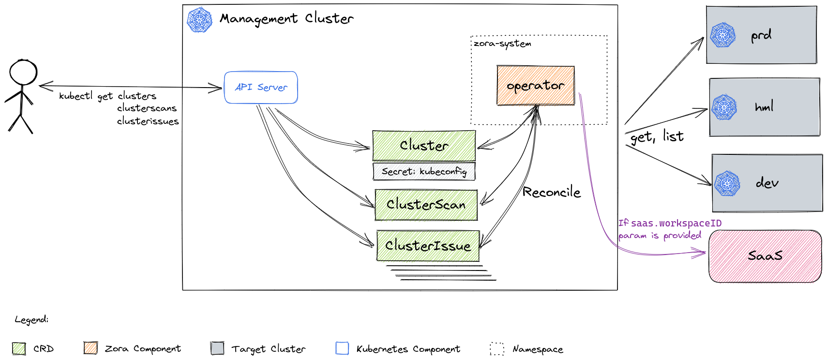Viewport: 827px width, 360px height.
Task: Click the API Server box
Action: coord(261,88)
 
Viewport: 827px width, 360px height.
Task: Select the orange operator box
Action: coord(535,86)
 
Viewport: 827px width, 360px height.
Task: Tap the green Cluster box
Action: coord(424,146)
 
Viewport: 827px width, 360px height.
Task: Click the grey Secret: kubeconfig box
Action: coord(424,171)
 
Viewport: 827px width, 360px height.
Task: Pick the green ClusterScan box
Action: coord(426,205)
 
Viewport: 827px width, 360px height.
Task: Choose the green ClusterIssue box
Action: coord(428,246)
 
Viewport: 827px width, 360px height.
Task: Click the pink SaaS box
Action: coord(765,256)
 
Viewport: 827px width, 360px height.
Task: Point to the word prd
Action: coord(761,36)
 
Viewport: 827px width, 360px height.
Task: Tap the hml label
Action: coord(764,107)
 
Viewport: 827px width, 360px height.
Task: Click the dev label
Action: coord(767,183)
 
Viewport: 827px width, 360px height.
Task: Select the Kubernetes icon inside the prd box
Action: coord(723,35)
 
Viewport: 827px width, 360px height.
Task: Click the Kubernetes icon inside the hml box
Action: coord(724,107)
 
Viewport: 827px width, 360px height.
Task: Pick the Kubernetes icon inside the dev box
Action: coord(727,183)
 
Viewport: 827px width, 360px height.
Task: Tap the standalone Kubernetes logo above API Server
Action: coord(199,20)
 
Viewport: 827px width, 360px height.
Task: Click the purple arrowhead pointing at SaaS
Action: coord(700,253)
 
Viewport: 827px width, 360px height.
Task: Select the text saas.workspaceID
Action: coord(676,223)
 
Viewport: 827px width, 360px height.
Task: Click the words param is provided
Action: coord(660,236)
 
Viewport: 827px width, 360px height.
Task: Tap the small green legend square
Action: coord(19,348)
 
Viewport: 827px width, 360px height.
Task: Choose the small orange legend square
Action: coord(90,347)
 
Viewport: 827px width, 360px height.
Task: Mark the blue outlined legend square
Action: coord(342,348)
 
